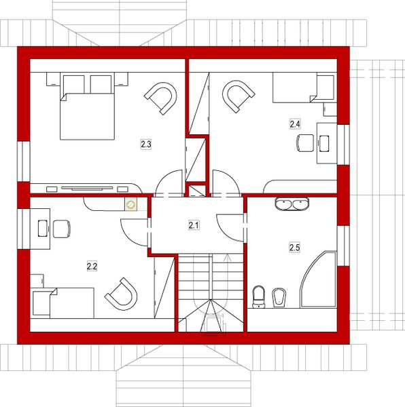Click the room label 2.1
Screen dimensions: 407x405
(194, 225)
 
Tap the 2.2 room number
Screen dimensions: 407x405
(92, 266)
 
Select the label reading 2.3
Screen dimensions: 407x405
(145, 144)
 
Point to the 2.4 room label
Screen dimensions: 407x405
(295, 124)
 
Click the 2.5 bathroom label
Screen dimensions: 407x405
(294, 248)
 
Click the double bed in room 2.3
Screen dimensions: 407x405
(86, 112)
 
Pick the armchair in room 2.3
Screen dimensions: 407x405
(160, 97)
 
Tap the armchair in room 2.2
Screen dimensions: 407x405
(120, 292)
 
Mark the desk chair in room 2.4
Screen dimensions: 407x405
(304, 142)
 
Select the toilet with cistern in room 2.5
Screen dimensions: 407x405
(258, 296)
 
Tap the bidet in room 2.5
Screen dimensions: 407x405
(279, 296)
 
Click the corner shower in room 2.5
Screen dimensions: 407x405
(319, 282)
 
